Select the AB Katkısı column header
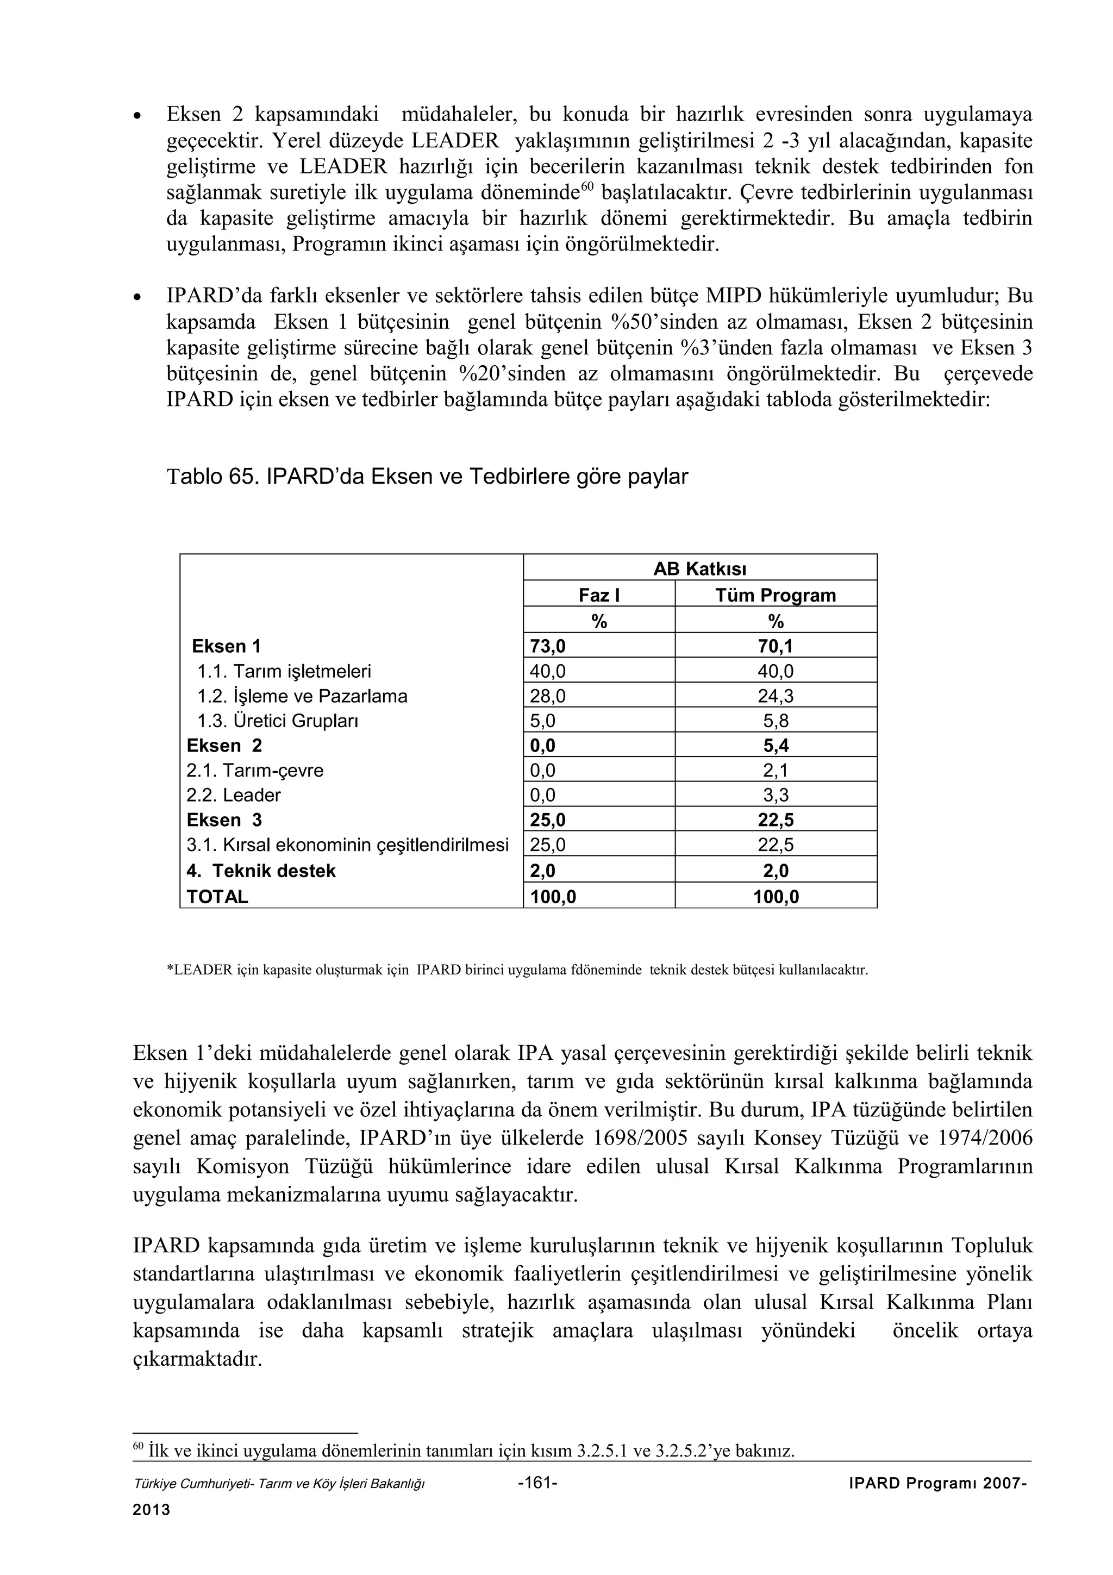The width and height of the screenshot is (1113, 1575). (x=699, y=568)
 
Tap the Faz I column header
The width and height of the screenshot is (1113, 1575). (x=599, y=595)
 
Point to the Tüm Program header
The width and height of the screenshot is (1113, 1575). (x=776, y=595)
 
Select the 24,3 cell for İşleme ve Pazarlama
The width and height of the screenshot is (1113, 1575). (x=776, y=696)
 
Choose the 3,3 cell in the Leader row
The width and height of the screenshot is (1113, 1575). (x=776, y=796)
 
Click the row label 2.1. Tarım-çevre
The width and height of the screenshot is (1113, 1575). (x=254, y=770)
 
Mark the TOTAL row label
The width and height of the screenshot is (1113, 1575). (x=217, y=897)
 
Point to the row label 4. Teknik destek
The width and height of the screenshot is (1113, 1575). (x=261, y=871)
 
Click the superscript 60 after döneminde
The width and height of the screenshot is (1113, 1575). (x=586, y=186)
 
